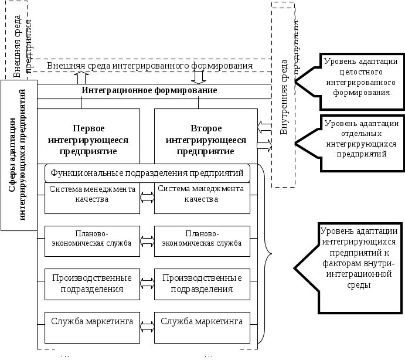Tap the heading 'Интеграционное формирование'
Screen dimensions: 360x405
click(149, 91)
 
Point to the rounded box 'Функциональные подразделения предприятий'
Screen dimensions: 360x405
click(147, 174)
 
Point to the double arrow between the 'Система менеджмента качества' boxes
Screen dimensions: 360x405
click(147, 199)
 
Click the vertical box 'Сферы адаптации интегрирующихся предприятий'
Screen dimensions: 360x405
click(19, 155)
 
